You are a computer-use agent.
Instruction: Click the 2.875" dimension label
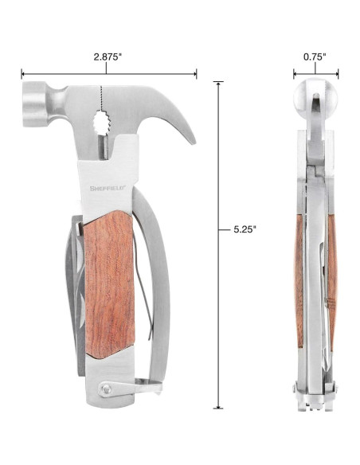108,57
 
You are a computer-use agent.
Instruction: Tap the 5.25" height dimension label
245,229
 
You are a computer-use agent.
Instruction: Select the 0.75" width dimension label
315,57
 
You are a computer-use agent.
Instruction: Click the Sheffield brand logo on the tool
108,188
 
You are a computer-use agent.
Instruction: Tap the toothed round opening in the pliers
101,123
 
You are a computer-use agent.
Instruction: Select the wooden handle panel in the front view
109,284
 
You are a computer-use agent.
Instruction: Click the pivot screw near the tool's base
105,389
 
